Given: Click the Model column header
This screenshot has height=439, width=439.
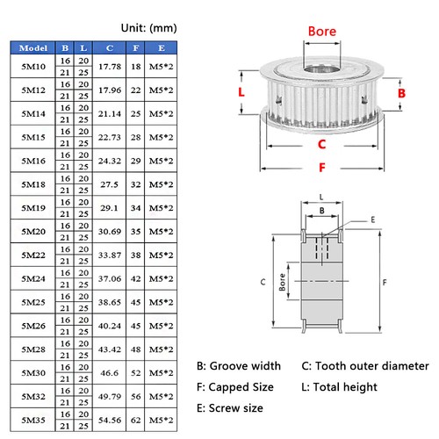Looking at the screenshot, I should coord(32,47).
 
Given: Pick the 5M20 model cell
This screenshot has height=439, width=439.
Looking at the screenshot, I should coord(32,232).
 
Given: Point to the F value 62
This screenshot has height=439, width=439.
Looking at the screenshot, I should coord(136,421).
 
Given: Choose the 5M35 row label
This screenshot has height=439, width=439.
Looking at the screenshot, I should coord(32,421).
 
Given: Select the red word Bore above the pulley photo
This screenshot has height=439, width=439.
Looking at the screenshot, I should coord(321,31).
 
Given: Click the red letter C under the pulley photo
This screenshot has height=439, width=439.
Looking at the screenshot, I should coord(321,144).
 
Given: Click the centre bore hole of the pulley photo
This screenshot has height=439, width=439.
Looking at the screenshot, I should coord(321,67).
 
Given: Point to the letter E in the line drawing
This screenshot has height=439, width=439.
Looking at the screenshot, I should coord(371,219).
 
